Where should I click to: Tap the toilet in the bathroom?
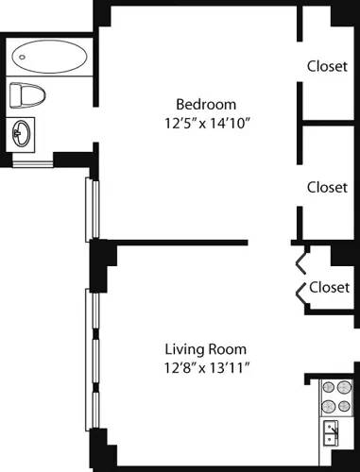pyautogui.click(x=28, y=94)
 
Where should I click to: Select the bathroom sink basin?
pyautogui.click(x=24, y=134)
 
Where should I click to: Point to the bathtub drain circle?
pyautogui.click(x=22, y=57)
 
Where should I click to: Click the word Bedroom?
pyautogui.click(x=206, y=104)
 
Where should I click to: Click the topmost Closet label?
pyautogui.click(x=327, y=66)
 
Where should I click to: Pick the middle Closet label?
pyautogui.click(x=327, y=187)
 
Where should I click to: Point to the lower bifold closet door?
pyautogui.click(x=302, y=295)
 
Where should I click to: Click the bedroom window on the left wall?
pyautogui.click(x=91, y=208)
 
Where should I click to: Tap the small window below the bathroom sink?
pyautogui.click(x=32, y=163)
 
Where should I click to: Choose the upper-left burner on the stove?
pyautogui.click(x=327, y=387)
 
